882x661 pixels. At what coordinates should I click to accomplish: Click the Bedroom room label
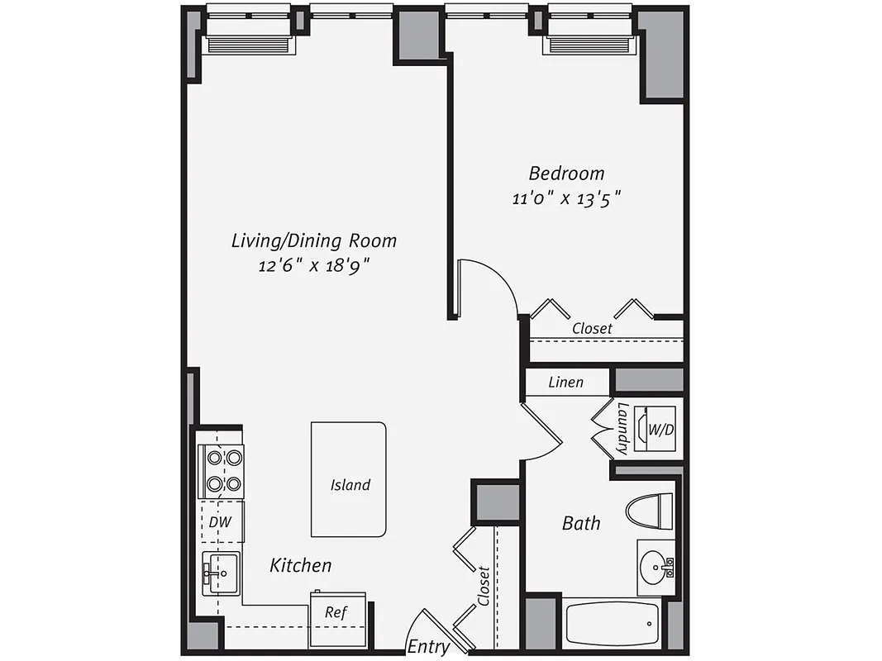point(566,174)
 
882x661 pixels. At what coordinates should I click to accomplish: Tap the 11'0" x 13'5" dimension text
point(566,198)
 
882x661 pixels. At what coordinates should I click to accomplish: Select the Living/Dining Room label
point(314,240)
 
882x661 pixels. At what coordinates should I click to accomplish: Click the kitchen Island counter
point(348,479)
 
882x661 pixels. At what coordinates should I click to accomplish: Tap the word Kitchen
point(301,565)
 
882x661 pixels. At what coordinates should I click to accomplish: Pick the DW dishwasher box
point(218,521)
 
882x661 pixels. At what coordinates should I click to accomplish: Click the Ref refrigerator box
point(336,612)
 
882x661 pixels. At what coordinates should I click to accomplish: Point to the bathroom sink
point(656,568)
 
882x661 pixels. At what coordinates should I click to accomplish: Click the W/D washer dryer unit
point(659,430)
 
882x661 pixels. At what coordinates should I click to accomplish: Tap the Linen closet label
point(566,383)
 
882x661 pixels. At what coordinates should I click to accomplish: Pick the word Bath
point(581,523)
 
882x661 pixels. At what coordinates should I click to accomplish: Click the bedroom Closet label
point(593,328)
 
